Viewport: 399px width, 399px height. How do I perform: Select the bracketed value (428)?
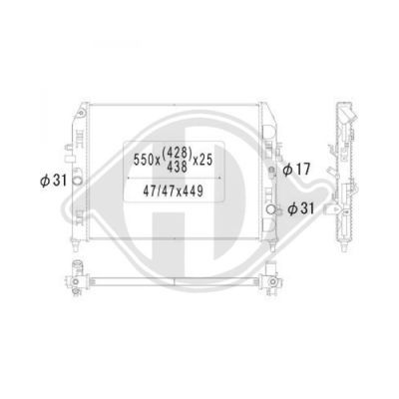coord(177,153)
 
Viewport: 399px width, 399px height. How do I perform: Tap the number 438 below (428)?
coord(177,167)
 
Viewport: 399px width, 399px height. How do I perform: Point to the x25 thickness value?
coord(202,160)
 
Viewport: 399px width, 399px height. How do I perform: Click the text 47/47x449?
coord(173,191)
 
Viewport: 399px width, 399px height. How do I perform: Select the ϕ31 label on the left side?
coord(54,181)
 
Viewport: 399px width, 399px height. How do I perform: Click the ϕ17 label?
coord(296,170)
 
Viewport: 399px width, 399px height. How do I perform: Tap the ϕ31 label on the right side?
coord(300,208)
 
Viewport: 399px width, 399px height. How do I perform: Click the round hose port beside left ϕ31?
coord(77,181)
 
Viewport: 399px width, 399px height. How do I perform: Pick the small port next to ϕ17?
coord(271,171)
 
